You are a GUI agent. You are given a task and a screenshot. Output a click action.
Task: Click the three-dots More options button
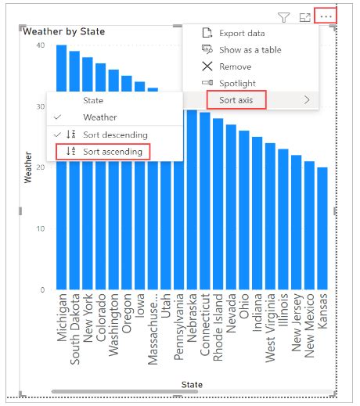326,16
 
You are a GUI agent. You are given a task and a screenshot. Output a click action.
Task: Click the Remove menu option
235,66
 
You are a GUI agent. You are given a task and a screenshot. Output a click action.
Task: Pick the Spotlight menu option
237,83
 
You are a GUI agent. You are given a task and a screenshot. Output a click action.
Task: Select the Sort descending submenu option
114,135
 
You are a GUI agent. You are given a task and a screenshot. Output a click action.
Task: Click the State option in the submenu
93,101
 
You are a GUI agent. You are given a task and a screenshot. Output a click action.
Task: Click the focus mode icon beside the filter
305,16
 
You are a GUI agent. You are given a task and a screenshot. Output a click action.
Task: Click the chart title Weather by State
65,32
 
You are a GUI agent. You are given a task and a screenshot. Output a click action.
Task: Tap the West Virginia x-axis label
270,329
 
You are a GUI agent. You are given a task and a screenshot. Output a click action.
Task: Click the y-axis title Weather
28,167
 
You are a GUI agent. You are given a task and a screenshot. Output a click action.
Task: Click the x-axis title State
192,384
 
